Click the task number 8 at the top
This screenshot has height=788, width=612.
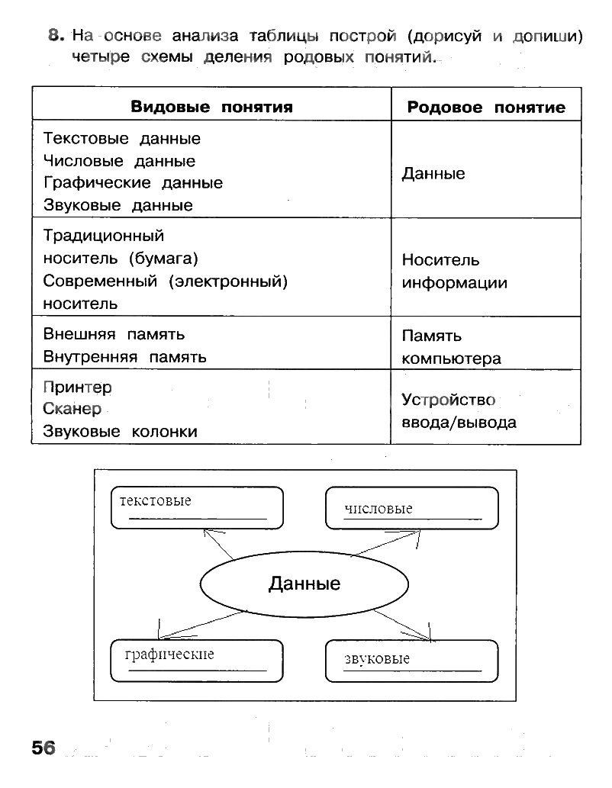pos(53,35)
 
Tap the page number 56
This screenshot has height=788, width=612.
pos(43,748)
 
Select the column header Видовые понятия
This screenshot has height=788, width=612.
pos(211,108)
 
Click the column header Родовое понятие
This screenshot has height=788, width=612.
pos(486,108)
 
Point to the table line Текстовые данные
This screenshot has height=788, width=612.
pos(122,139)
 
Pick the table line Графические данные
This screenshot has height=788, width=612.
pos(133,183)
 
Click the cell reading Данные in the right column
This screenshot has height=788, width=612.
pos(433,174)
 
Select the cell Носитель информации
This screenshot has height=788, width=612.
pos(454,272)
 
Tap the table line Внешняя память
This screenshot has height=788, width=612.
pos(114,334)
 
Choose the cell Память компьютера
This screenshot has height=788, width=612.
pos(451,347)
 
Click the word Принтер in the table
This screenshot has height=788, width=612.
pos(78,388)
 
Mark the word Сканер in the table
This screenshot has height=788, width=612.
pos(72,410)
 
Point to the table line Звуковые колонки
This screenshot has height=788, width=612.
pos(120,432)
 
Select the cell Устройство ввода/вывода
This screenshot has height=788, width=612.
pos(459,411)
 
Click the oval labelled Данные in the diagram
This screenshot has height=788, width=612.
pos(304,584)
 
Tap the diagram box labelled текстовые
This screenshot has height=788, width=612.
pos(197,508)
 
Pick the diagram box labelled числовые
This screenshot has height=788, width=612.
pos(411,508)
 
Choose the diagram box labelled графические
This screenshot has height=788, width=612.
pos(197,661)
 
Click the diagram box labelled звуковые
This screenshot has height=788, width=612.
pos(411,661)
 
